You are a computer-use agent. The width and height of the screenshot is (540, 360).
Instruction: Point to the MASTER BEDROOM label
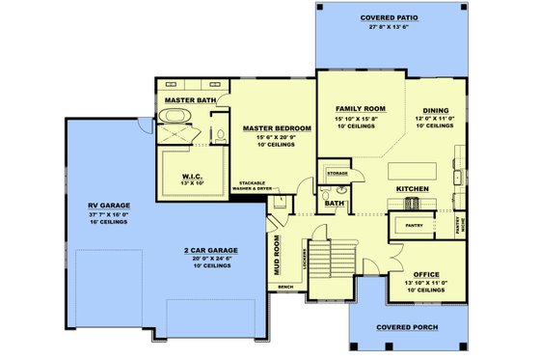[x=276, y=128]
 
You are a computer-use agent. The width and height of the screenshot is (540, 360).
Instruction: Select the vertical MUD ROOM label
[x=276, y=256]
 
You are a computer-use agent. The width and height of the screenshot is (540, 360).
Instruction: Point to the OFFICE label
[x=425, y=273]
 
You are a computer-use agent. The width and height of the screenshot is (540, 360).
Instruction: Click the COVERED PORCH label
[x=407, y=327]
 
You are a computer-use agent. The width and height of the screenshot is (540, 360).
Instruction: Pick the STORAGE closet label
[x=337, y=173]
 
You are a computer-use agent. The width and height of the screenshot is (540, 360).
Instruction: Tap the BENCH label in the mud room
[x=283, y=287]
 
